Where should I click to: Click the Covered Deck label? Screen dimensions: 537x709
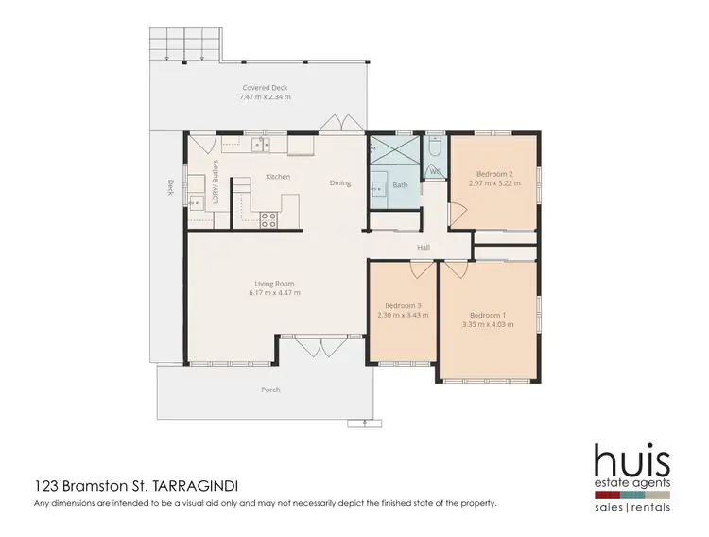point(265,88)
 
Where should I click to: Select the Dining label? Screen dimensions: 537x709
point(340,182)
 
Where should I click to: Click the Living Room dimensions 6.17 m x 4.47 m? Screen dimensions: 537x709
point(274,293)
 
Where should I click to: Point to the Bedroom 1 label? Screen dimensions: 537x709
point(492,314)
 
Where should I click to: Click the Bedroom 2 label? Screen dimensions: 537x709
point(494,175)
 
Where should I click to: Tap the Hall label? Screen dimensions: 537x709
point(424,249)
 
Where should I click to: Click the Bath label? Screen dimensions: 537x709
point(401,185)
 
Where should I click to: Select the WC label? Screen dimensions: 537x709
point(435,171)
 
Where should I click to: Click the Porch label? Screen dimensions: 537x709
point(270,390)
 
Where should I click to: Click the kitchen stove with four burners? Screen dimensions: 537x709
point(268,219)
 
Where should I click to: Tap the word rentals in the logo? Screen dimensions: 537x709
point(652,507)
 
